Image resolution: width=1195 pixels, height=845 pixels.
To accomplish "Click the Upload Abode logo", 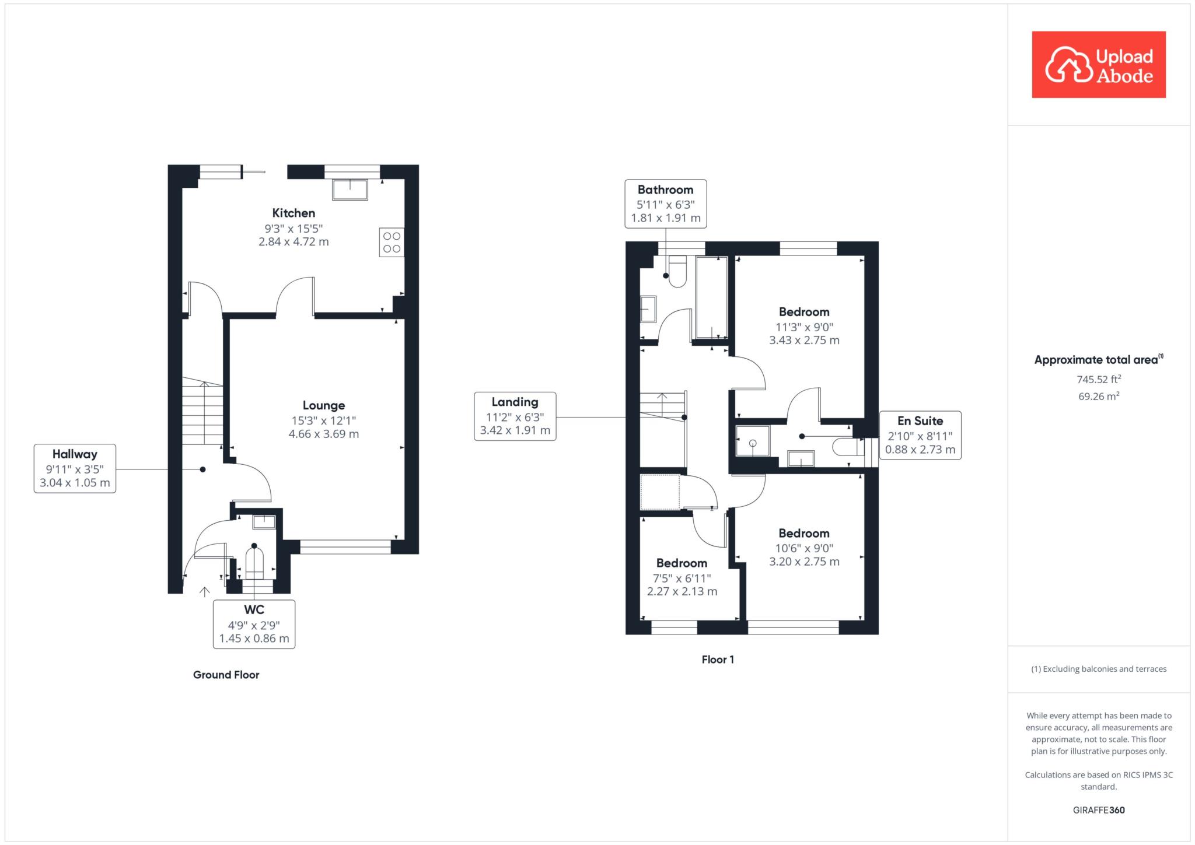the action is click(x=1099, y=65).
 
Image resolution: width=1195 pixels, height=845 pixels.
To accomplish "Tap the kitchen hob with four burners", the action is click(x=392, y=242).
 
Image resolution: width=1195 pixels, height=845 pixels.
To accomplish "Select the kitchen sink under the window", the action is click(x=350, y=190).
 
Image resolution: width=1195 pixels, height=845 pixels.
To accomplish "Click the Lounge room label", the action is click(x=324, y=405).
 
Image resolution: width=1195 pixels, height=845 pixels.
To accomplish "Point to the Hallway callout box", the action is click(x=75, y=468).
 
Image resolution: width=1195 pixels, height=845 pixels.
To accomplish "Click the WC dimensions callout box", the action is click(x=254, y=624).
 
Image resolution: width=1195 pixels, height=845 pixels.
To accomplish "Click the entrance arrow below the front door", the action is click(x=204, y=592).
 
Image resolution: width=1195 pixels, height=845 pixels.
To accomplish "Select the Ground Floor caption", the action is click(x=226, y=675).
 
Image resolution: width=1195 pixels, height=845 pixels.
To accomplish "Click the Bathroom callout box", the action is click(x=666, y=204).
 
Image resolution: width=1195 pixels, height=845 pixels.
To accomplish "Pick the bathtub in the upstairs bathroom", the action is click(x=711, y=297).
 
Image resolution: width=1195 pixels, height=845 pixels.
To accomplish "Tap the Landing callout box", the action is click(x=515, y=416).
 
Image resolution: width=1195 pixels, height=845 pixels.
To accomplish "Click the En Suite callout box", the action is click(x=920, y=435).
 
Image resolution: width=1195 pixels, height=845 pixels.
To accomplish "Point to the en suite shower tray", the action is click(x=753, y=441).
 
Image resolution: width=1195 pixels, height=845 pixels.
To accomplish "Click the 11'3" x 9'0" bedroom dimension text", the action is click(x=804, y=327).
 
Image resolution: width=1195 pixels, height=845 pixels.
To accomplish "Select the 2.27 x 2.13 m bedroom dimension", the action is click(x=682, y=591).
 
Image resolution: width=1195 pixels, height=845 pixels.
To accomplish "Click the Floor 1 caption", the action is click(x=718, y=660).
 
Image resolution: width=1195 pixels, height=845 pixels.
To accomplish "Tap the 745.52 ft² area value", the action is click(x=1099, y=379).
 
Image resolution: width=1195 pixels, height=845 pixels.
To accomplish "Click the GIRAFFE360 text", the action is click(x=1099, y=810).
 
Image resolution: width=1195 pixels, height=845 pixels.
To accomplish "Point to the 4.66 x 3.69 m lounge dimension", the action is click(x=324, y=434).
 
